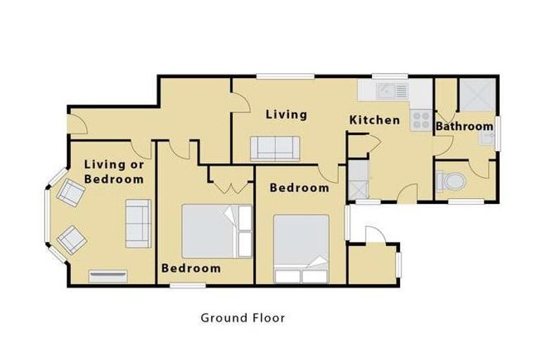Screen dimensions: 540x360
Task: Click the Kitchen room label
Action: [375, 120]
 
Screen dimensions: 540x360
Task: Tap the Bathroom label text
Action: [465, 127]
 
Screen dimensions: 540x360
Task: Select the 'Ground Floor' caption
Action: [243, 318]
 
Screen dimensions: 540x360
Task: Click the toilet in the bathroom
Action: [451, 181]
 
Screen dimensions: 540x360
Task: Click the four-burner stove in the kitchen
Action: [421, 120]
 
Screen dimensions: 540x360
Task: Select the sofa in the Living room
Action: [275, 148]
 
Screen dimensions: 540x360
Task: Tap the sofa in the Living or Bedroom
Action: [138, 223]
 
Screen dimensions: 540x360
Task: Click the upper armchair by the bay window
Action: [71, 193]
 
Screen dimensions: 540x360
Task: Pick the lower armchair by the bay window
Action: [72, 240]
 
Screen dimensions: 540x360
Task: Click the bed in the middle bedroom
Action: [217, 231]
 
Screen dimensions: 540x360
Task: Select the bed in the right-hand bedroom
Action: [302, 249]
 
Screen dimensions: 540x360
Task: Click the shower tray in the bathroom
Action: [477, 94]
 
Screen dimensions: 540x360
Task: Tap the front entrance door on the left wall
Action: [77, 124]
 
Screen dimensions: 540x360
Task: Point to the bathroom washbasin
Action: [487, 139]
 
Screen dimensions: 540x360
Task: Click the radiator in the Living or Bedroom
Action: [108, 276]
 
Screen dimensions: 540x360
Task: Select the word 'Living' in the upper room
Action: [286, 115]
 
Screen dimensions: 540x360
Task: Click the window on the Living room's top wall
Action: [285, 77]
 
